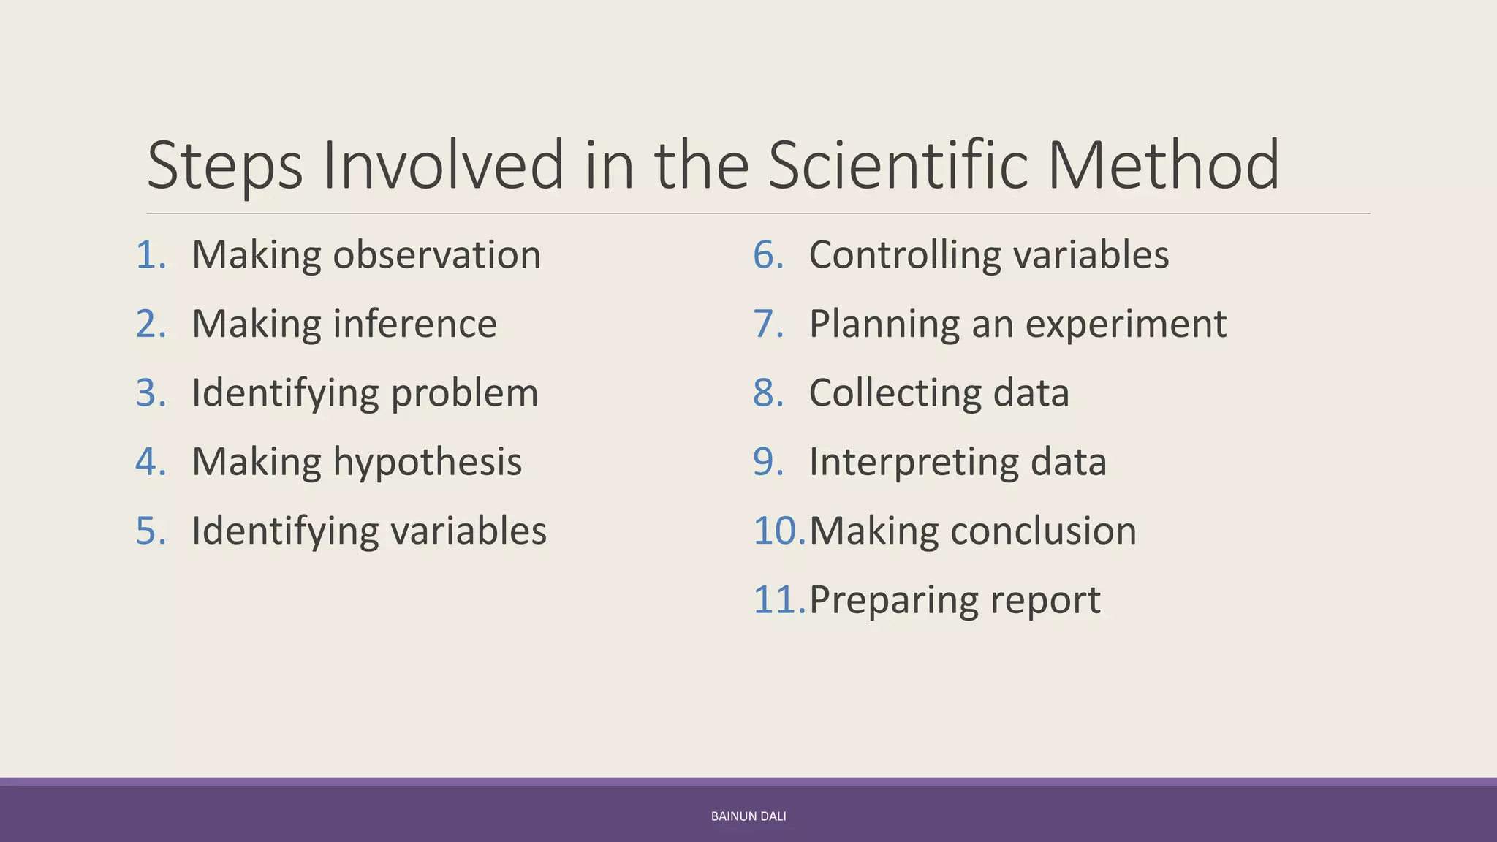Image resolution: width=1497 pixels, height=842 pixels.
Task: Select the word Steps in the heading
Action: [224, 167]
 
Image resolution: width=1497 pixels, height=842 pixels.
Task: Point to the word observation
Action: [436, 255]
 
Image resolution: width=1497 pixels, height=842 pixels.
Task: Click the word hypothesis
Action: [428, 463]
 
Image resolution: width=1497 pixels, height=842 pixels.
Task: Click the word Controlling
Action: [905, 256]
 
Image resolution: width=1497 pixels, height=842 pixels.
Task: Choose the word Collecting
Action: [895, 394]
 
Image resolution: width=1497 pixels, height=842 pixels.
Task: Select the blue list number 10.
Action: [778, 531]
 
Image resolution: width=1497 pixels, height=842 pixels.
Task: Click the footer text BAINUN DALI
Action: [748, 816]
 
